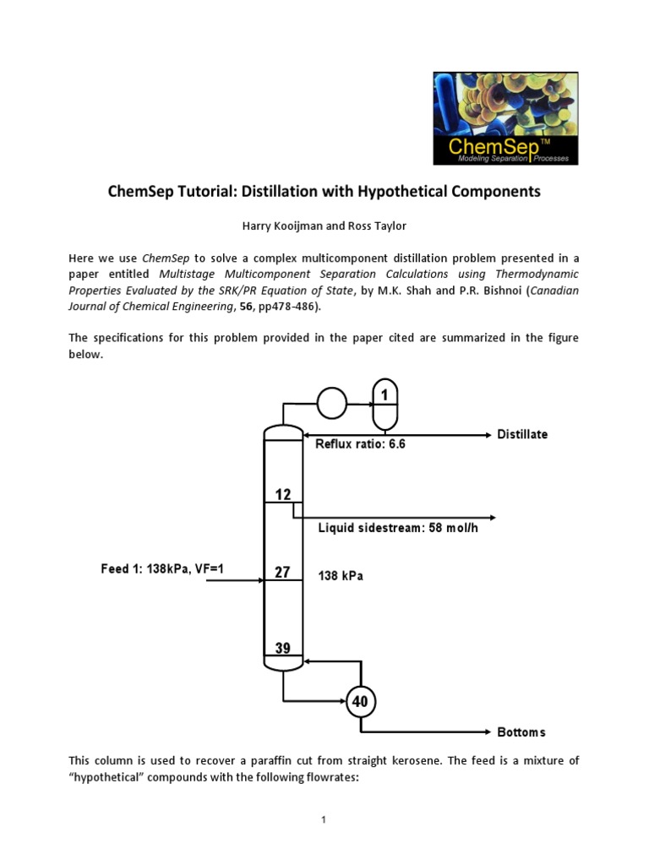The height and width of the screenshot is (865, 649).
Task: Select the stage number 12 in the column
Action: pos(282,492)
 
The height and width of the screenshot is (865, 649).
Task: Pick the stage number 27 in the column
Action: pos(282,573)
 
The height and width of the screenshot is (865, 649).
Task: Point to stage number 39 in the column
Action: pos(282,649)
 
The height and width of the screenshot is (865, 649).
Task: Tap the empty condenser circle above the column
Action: pos(331,403)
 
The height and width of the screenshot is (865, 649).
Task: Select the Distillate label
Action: pos(522,434)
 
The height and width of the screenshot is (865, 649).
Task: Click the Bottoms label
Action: pos(521,732)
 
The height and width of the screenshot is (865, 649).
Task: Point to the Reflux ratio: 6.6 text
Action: pos(360,444)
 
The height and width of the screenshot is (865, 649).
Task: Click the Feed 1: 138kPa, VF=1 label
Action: pos(162,569)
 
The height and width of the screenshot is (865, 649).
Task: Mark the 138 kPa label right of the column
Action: pos(341,575)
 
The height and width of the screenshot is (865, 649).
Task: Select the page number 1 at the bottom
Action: pos(324,819)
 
